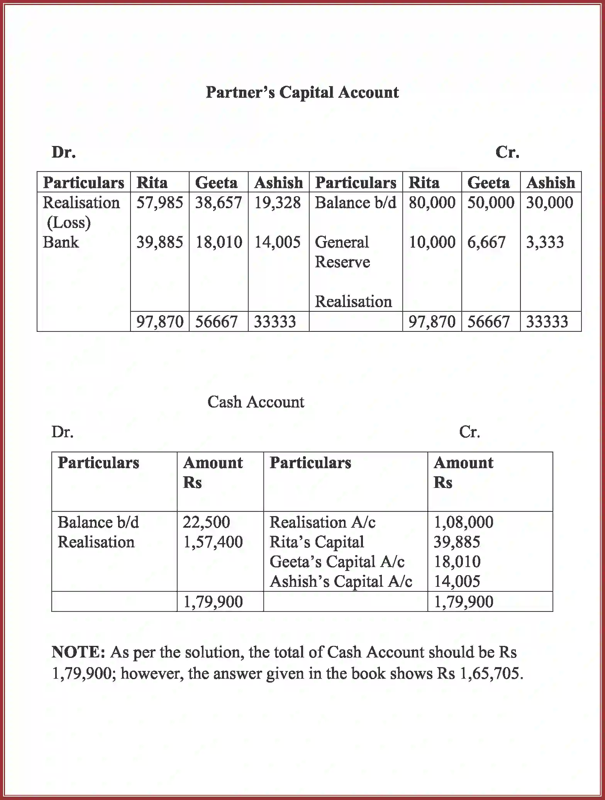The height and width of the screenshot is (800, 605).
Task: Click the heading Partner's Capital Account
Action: coord(302,92)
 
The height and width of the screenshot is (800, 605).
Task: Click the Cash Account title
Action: coord(256,402)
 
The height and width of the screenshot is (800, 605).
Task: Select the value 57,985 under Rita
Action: coord(159,202)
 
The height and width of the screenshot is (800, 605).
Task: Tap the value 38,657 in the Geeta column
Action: coord(219,202)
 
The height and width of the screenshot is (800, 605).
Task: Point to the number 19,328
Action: coord(277,202)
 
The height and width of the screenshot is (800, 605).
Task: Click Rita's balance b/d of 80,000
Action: coord(432,202)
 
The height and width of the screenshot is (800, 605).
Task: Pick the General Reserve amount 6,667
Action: coord(486,242)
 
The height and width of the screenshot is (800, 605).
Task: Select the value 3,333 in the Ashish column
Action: coord(545,242)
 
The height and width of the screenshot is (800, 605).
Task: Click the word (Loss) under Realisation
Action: coord(69,223)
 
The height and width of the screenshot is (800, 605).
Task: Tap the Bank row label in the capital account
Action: coord(61,242)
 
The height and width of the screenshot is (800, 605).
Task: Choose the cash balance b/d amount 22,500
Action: coord(206,522)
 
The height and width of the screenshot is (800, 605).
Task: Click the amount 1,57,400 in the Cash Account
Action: coord(213,542)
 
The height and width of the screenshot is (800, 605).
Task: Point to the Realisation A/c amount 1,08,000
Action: coord(463,522)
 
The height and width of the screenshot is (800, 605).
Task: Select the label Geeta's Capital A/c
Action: coord(337,562)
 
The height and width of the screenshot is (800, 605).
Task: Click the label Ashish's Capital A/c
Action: coord(341,581)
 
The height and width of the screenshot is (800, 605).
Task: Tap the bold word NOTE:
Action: coord(78,652)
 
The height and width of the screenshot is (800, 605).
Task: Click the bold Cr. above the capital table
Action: coord(507,152)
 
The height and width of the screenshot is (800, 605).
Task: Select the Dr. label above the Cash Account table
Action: coord(62,431)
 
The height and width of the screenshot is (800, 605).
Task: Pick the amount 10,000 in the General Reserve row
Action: coord(432,242)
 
